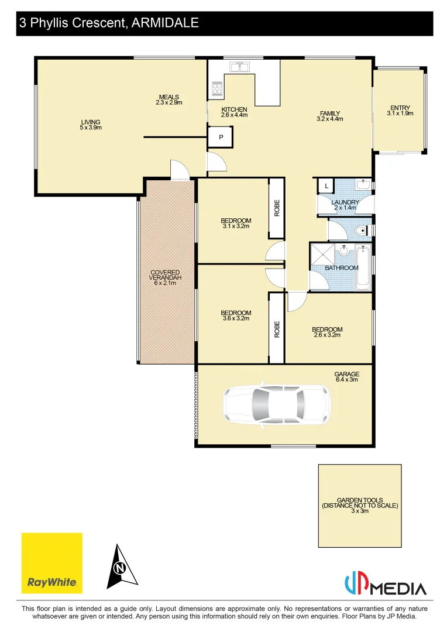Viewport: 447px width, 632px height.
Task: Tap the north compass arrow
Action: (x=121, y=566)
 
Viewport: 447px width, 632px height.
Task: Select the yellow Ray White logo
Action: (x=52, y=563)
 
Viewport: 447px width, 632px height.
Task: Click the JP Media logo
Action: (x=385, y=585)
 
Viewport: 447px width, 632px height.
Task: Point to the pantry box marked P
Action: (x=221, y=137)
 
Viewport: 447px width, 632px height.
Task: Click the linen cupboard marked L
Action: (x=325, y=187)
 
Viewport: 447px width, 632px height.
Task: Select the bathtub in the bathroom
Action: (x=363, y=267)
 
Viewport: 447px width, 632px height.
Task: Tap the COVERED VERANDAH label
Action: (x=166, y=276)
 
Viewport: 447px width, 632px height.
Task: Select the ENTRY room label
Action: (x=400, y=107)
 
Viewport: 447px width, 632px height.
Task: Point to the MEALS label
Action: (x=169, y=97)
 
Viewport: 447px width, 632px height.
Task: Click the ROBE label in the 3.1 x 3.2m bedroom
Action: (x=277, y=208)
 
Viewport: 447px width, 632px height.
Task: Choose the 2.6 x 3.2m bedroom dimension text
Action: (x=327, y=335)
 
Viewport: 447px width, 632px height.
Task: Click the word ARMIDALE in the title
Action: (x=166, y=23)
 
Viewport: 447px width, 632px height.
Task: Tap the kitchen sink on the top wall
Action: (x=240, y=67)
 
